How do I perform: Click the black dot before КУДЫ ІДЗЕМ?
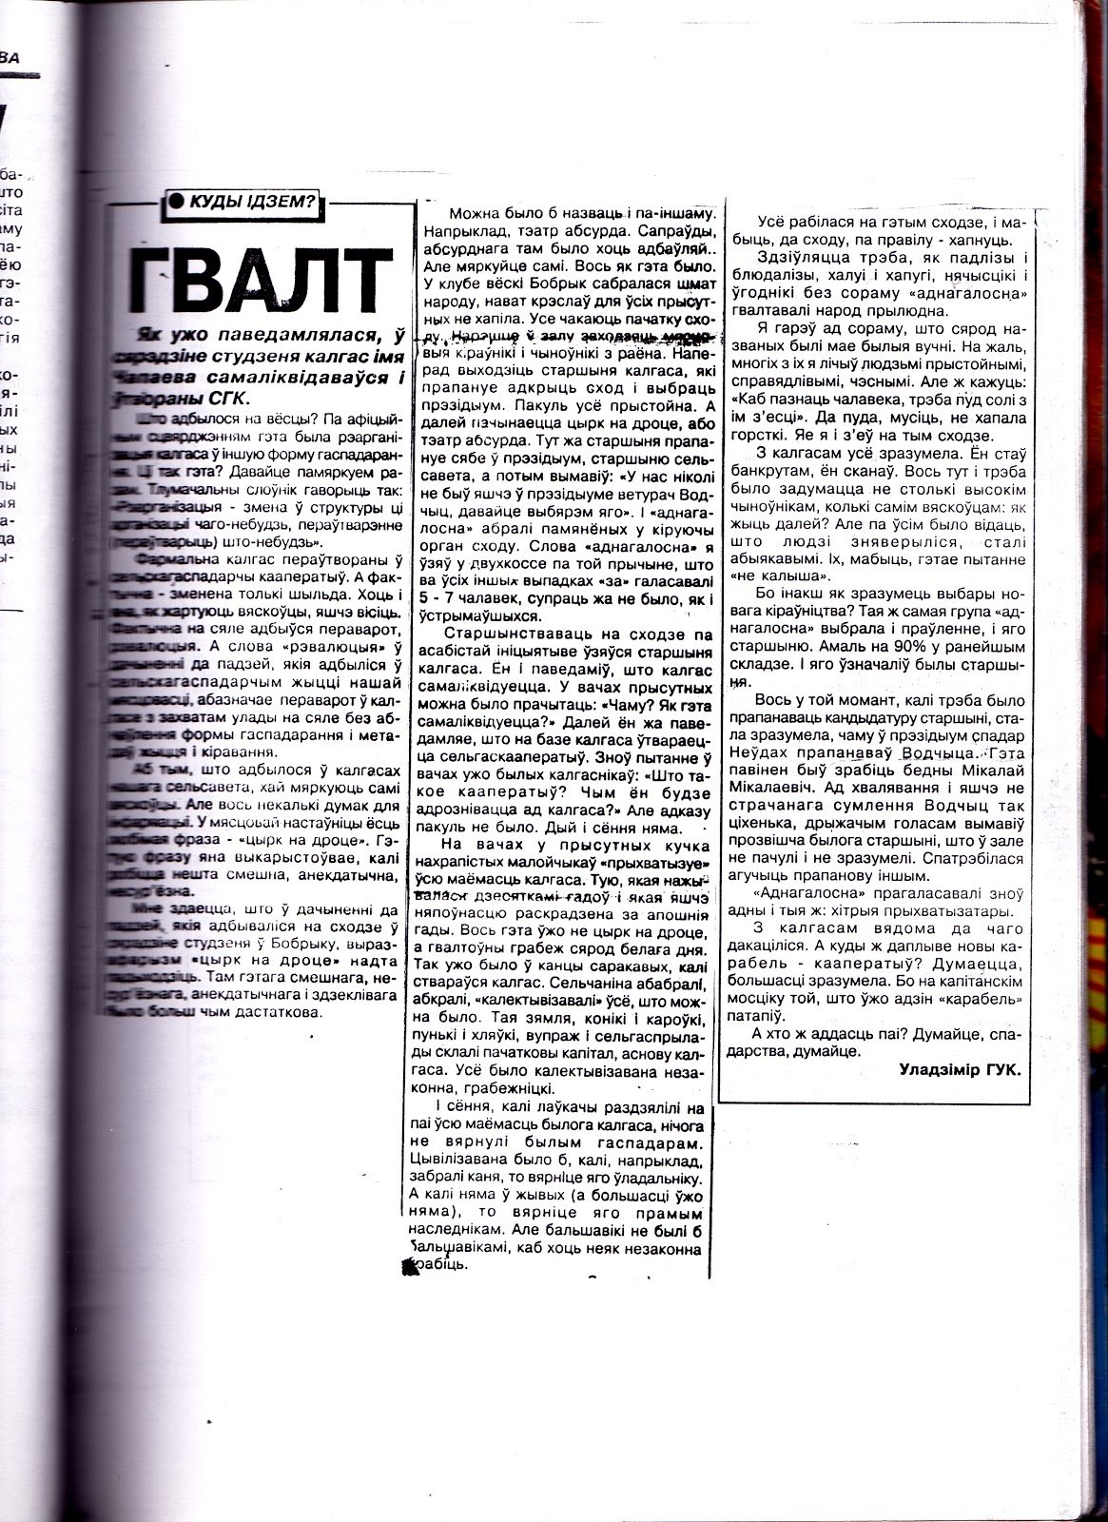(174, 201)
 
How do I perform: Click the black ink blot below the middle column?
(410, 1265)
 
